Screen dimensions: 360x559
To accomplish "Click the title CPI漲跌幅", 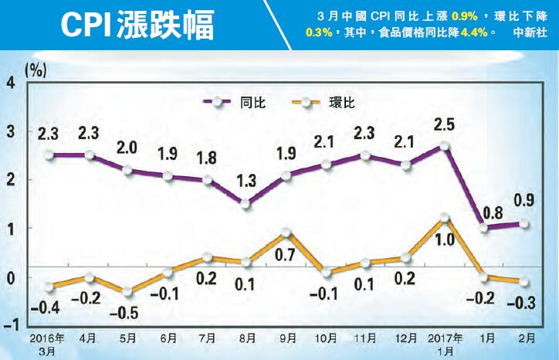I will pyautogui.click(x=139, y=24).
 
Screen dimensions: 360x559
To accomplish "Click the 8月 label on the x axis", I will pyautogui.click(x=247, y=338).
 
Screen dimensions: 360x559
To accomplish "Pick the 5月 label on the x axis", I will pyautogui.click(x=128, y=338).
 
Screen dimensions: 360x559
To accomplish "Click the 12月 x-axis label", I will pyautogui.click(x=406, y=338).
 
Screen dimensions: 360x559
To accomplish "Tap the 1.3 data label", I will pyautogui.click(x=247, y=182).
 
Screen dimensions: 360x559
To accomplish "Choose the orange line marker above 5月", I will pyautogui.click(x=128, y=292).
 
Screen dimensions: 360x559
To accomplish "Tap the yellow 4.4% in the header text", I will pyautogui.click(x=475, y=34).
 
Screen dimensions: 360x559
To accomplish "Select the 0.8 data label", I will pyautogui.click(x=485, y=209).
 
